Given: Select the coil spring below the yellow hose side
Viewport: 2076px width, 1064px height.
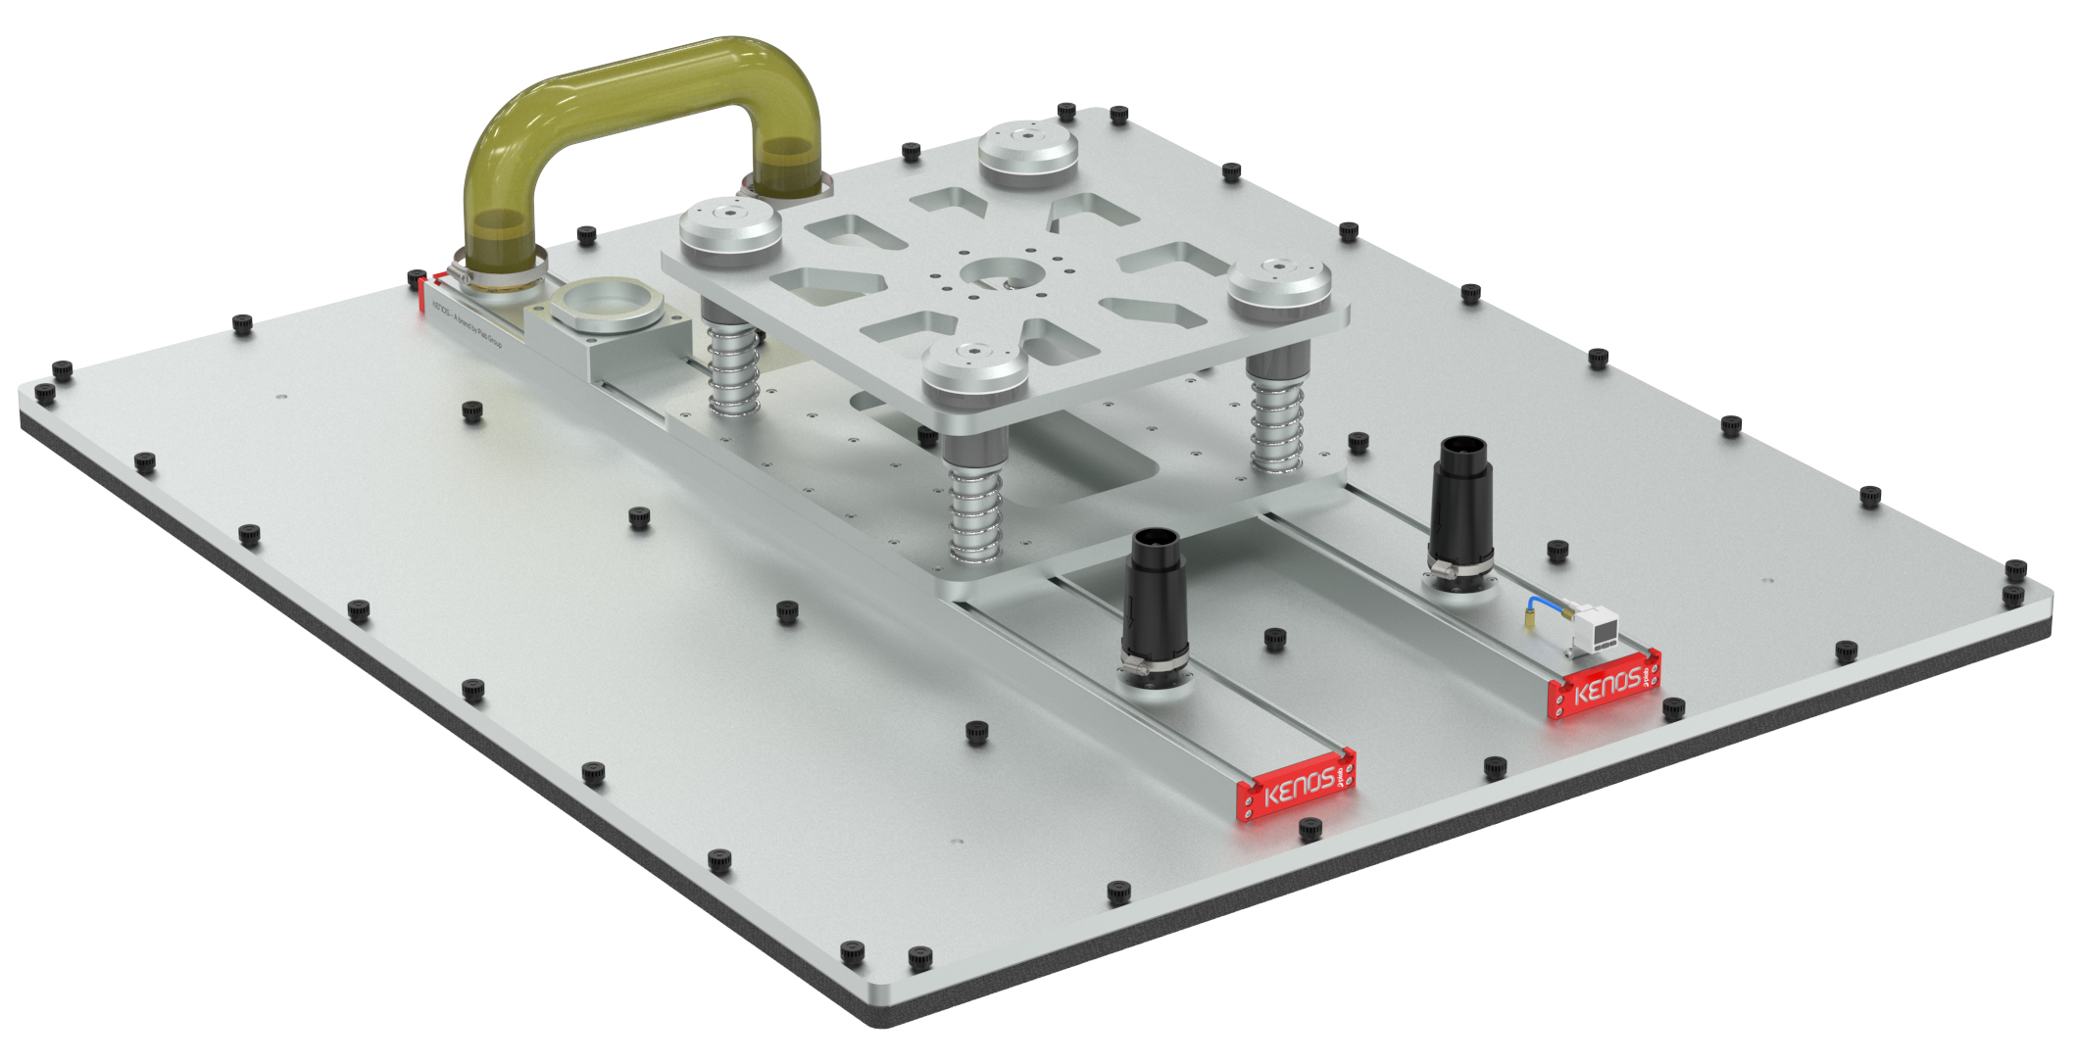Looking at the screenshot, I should point(734,367).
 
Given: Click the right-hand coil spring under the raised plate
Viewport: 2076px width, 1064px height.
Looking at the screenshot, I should point(1276,421).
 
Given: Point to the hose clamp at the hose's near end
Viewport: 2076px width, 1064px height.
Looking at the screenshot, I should point(497,277).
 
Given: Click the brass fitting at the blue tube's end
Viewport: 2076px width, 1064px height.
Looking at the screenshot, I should point(1528,619).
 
